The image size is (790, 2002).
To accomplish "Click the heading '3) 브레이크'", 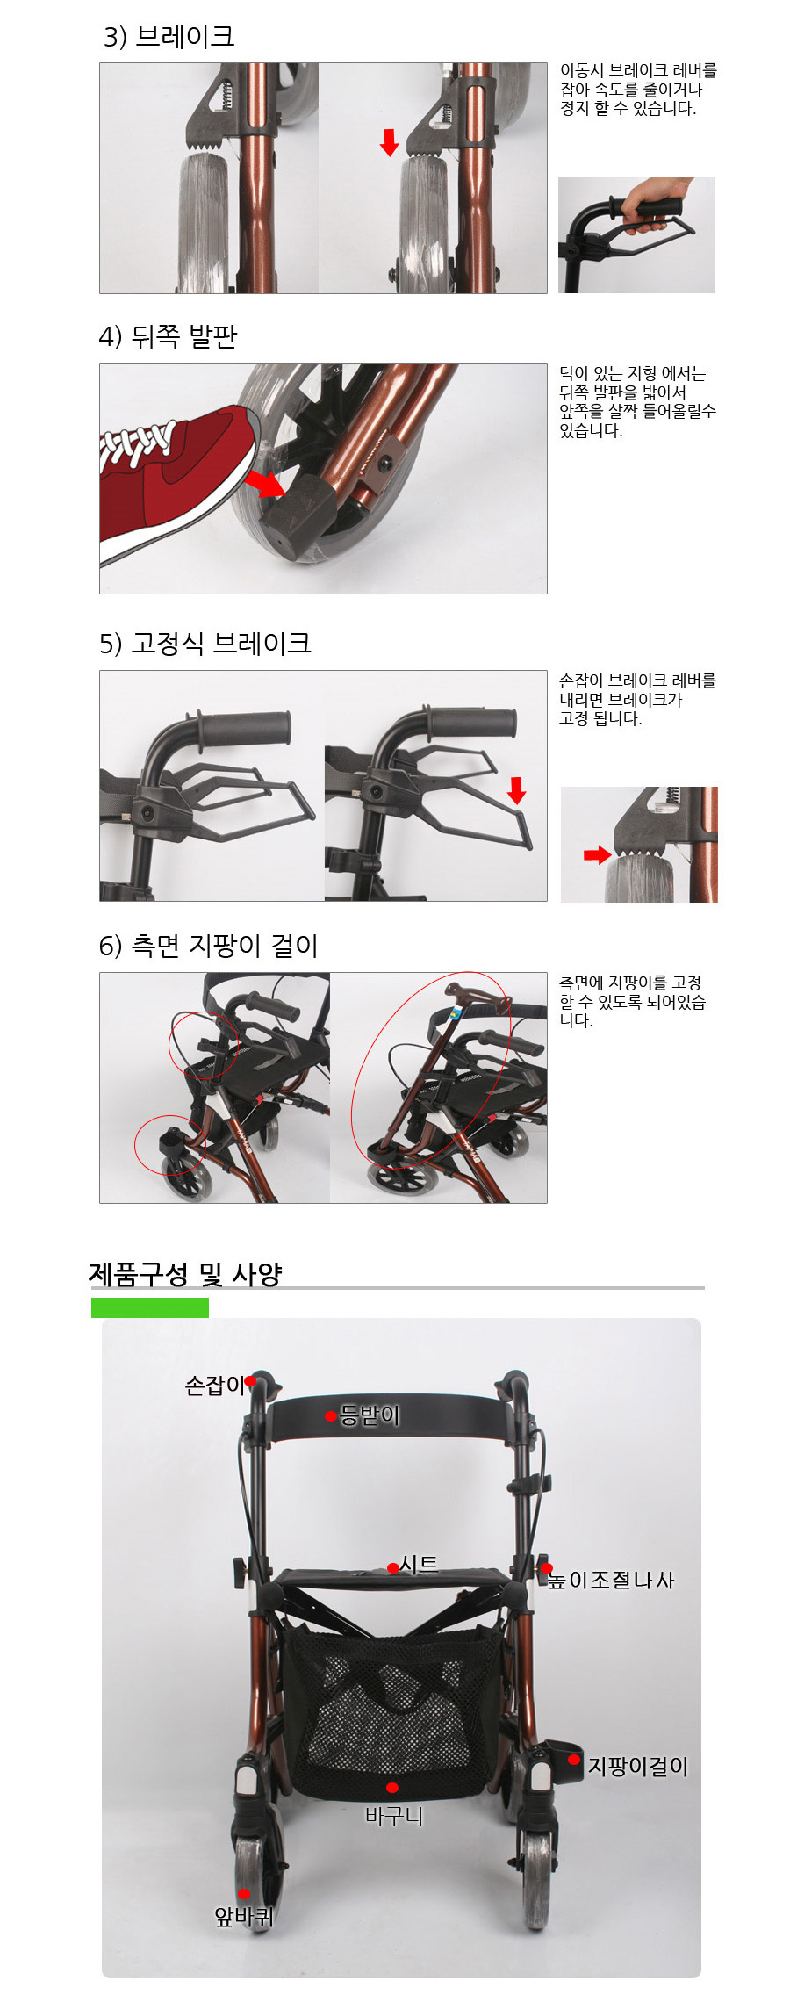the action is coord(169,36).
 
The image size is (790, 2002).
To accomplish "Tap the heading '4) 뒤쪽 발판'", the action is coord(168,335).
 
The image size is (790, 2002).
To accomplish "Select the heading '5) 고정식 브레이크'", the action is coord(205,643).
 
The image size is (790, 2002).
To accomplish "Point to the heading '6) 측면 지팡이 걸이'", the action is coord(208,945).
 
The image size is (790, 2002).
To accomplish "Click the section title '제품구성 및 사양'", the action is coord(185,1273).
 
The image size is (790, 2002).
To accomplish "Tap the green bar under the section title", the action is coord(150,1307).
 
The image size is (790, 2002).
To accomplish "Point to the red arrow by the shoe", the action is coord(264,482).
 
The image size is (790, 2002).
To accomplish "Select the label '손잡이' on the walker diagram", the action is coord(214,1385).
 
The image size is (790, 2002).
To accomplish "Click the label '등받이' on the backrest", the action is coord(370,1415).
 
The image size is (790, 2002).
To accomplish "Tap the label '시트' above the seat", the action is coord(419,1564).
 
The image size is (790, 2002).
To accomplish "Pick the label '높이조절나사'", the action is coord(611,1580).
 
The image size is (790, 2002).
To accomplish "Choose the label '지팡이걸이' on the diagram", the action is coord(638,1766).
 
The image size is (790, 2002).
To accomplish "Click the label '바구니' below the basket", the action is coord(394,1816).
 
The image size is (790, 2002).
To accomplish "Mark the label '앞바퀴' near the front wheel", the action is coord(245,1916).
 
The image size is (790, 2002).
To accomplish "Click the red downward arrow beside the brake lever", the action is coord(517,790).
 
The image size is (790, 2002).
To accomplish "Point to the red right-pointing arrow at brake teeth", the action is coord(598,854).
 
